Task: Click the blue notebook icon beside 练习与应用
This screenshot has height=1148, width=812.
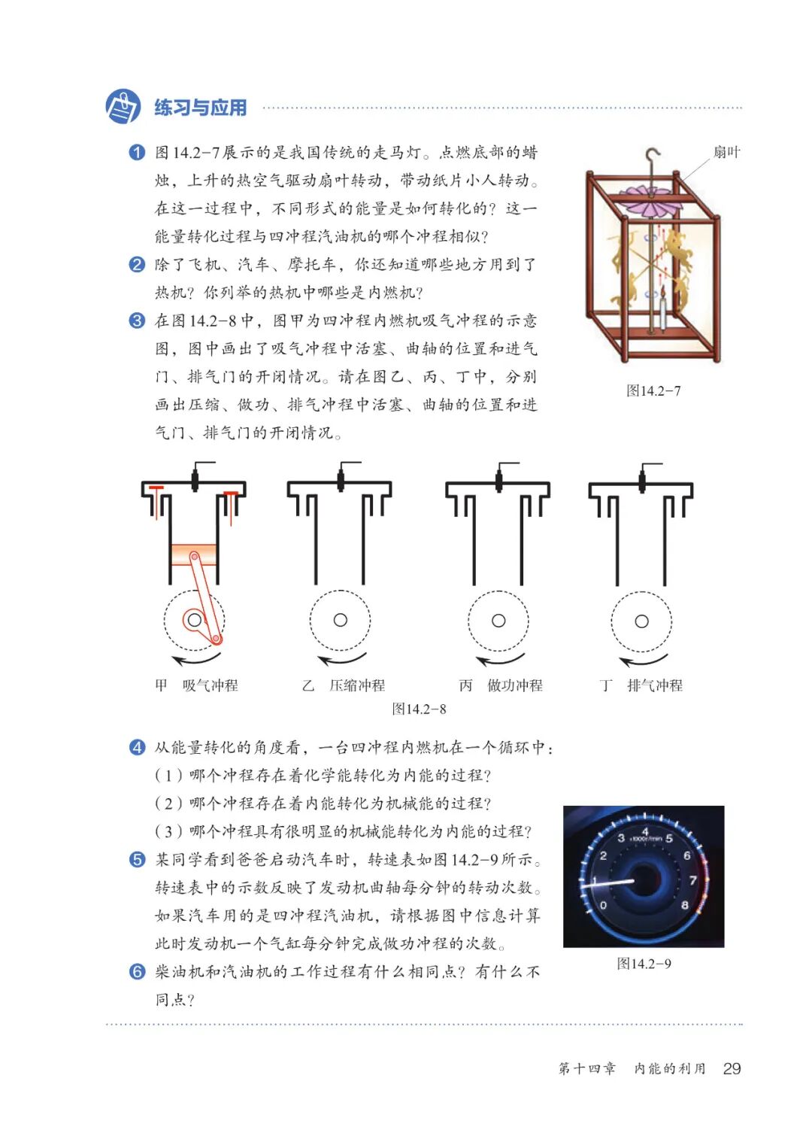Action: pyautogui.click(x=123, y=107)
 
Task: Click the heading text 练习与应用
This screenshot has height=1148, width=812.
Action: pyautogui.click(x=201, y=108)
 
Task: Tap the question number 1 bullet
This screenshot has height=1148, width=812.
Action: pyautogui.click(x=137, y=153)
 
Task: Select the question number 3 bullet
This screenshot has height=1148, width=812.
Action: pyautogui.click(x=137, y=321)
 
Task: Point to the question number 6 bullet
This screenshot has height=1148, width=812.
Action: pyautogui.click(x=137, y=971)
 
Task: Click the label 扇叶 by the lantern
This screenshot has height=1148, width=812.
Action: pyautogui.click(x=727, y=153)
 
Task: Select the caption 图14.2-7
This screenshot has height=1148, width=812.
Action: pyautogui.click(x=653, y=390)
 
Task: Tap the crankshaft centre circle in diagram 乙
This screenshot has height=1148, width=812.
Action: pyautogui.click(x=341, y=620)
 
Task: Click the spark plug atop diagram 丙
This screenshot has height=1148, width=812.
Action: pyautogui.click(x=499, y=478)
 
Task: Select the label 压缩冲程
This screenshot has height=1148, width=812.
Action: pyautogui.click(x=357, y=685)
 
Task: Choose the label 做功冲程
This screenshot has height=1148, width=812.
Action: pyautogui.click(x=515, y=685)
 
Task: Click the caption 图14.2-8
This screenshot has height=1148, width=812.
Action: pyautogui.click(x=420, y=709)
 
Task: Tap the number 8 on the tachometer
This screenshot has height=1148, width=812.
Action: pyautogui.click(x=684, y=905)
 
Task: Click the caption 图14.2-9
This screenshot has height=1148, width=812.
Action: pyautogui.click(x=644, y=964)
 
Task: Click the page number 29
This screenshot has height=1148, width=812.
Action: pyautogui.click(x=732, y=1068)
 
